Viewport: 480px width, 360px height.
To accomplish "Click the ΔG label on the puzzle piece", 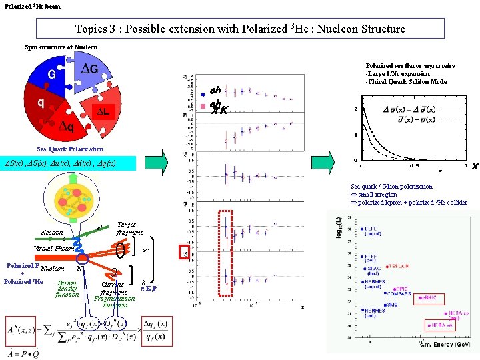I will [x=89, y=69].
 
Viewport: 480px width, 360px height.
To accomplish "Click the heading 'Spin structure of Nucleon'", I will [x=61, y=47].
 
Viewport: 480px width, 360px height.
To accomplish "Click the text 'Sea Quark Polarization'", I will [x=71, y=149].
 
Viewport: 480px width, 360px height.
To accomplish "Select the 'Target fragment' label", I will [x=129, y=229].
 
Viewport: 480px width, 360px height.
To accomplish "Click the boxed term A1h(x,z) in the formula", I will [x=22, y=331].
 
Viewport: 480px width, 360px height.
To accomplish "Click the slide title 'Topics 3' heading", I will [x=239, y=29].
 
